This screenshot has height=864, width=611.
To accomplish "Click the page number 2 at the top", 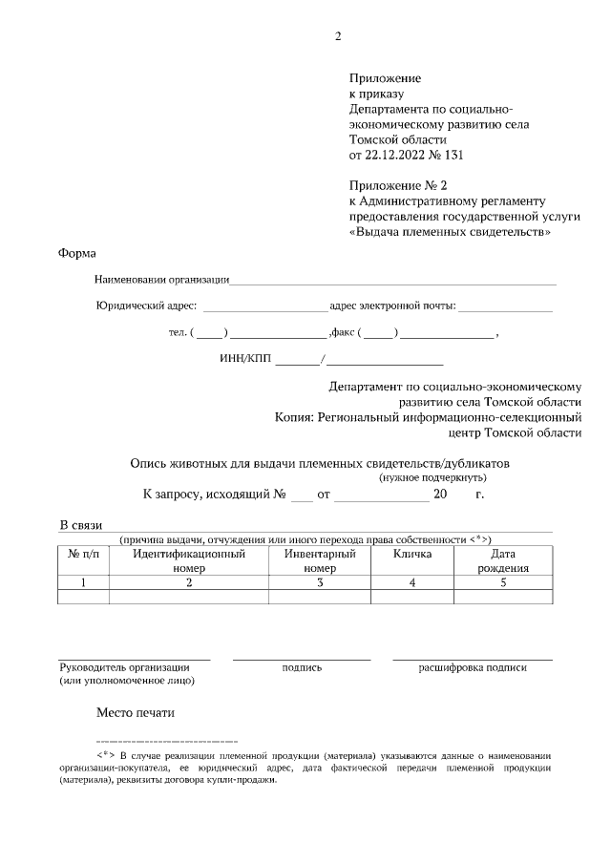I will (338, 37).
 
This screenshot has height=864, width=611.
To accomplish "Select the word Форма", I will (78, 254).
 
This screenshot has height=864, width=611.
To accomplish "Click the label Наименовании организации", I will (162, 280).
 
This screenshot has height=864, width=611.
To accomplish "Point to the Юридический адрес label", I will (146, 306).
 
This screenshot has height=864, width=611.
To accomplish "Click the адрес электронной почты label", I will (392, 306).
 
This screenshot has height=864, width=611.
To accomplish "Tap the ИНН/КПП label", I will (246, 360).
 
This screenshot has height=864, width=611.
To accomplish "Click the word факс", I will (342, 333).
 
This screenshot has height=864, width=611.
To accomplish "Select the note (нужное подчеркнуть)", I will (433, 476).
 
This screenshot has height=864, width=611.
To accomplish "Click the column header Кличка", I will (412, 554).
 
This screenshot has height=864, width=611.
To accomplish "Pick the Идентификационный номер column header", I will (189, 560).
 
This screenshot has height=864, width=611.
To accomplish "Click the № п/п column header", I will (84, 554).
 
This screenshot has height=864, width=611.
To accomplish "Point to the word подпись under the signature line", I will (302, 667).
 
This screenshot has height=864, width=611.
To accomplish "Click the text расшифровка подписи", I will (473, 667).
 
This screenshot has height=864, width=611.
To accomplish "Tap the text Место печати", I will (136, 712).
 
